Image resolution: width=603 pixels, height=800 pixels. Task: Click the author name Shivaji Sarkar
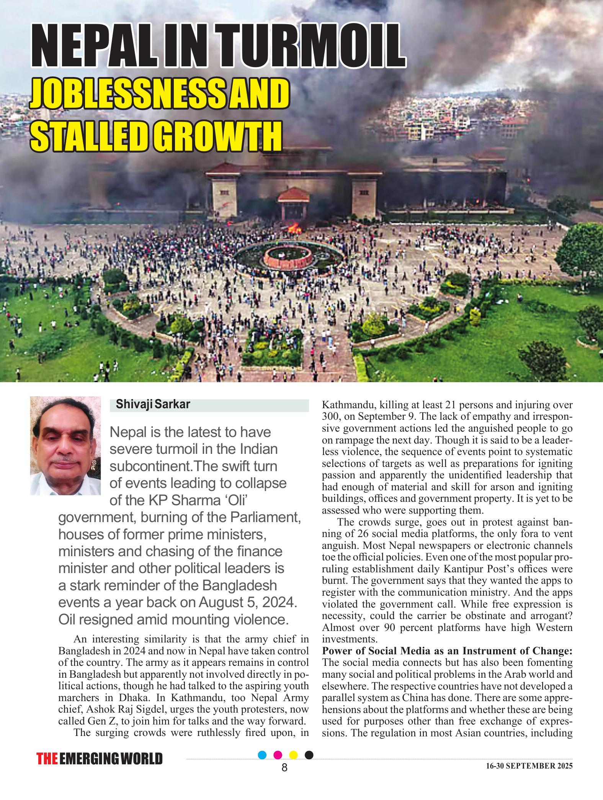(x=153, y=405)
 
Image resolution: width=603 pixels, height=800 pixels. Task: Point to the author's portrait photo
(x=65, y=445)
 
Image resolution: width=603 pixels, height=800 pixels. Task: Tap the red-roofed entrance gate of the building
(x=293, y=200)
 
